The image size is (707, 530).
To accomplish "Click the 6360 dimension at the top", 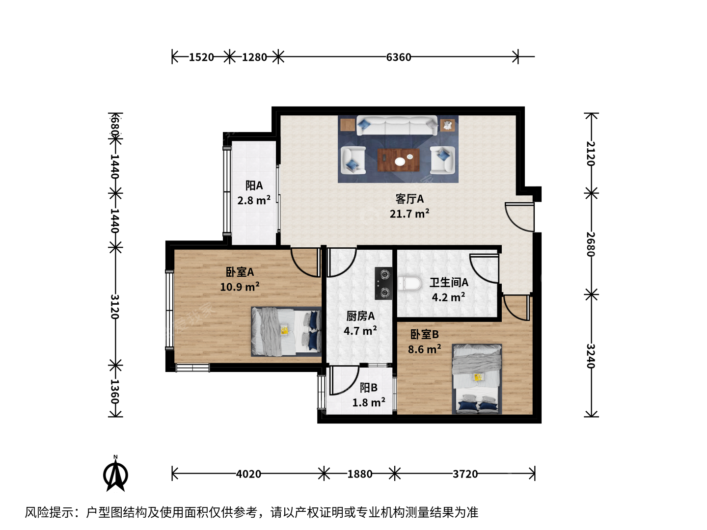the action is coord(399,57).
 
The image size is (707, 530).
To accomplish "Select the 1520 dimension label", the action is coord(201,57).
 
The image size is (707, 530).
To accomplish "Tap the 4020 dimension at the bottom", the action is coord(248,474).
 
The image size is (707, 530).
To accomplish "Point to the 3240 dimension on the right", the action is coord(591,356).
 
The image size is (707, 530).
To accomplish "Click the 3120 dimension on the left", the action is coord(115,306).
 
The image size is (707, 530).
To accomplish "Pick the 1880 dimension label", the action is coord(360,474).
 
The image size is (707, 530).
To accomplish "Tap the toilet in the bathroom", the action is coord(409,284).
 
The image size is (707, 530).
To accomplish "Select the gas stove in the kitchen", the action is coord(383,283).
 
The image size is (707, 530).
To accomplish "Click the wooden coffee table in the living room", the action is coord(399,160).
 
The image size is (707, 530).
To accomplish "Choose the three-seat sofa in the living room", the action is coord(397,126).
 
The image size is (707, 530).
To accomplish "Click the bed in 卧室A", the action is coord(286,332).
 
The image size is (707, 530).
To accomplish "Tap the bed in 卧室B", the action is coord(477,379).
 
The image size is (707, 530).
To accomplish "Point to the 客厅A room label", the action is coord(409,199).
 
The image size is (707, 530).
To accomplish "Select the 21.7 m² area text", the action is coord(409,213).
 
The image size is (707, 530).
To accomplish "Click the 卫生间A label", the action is coord(449,283).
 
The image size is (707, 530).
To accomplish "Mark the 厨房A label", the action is coord(360,317).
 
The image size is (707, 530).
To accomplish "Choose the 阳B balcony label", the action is coord(369,388).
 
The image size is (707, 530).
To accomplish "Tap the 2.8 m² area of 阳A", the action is coord(254,201).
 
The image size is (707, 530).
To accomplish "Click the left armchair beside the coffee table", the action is coord(353,160).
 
